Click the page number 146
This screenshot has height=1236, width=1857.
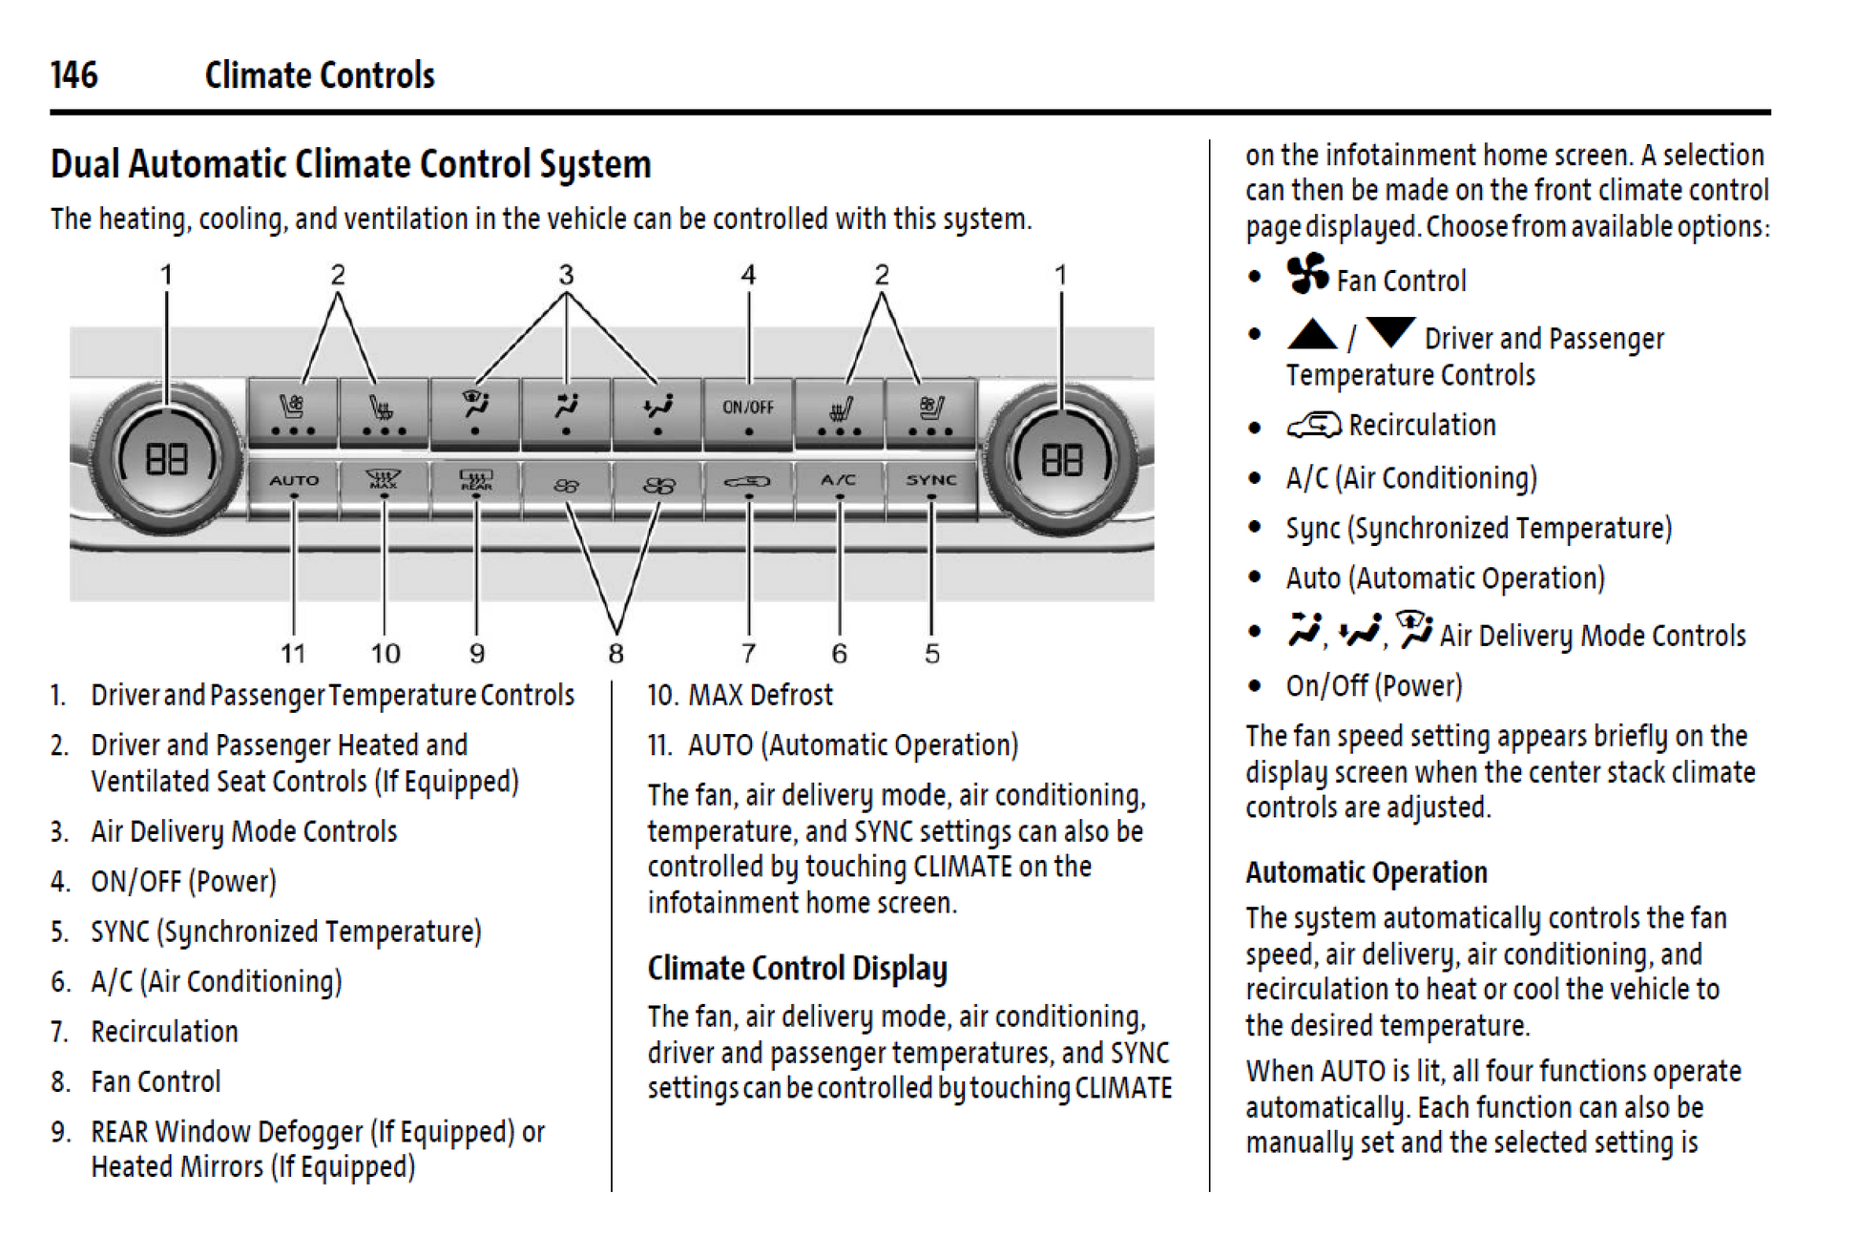tap(73, 74)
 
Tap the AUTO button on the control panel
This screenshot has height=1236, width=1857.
tap(293, 481)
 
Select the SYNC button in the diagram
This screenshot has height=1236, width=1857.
tap(930, 481)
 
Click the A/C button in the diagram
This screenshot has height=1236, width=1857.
tap(839, 481)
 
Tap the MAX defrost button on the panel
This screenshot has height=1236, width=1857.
tap(384, 480)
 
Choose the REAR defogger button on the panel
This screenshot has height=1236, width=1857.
tap(475, 480)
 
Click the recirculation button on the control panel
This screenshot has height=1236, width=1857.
tap(747, 481)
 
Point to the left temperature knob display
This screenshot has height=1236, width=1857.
tap(166, 460)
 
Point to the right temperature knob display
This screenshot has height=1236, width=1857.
tap(1061, 460)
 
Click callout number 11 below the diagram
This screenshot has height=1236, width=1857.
tap(293, 654)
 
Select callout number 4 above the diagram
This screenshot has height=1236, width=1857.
tap(748, 275)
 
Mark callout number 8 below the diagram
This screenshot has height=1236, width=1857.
tap(616, 654)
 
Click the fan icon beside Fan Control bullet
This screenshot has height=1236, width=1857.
tap(1306, 275)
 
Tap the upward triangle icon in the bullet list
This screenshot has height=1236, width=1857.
tap(1312, 334)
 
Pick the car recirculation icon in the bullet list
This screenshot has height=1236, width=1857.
tap(1313, 426)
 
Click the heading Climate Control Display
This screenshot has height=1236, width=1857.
tap(797, 969)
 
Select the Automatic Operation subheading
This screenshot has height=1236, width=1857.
tap(1366, 872)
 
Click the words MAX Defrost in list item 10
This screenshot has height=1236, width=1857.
tap(760, 695)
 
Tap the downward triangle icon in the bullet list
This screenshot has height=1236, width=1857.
tap(1389, 332)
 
